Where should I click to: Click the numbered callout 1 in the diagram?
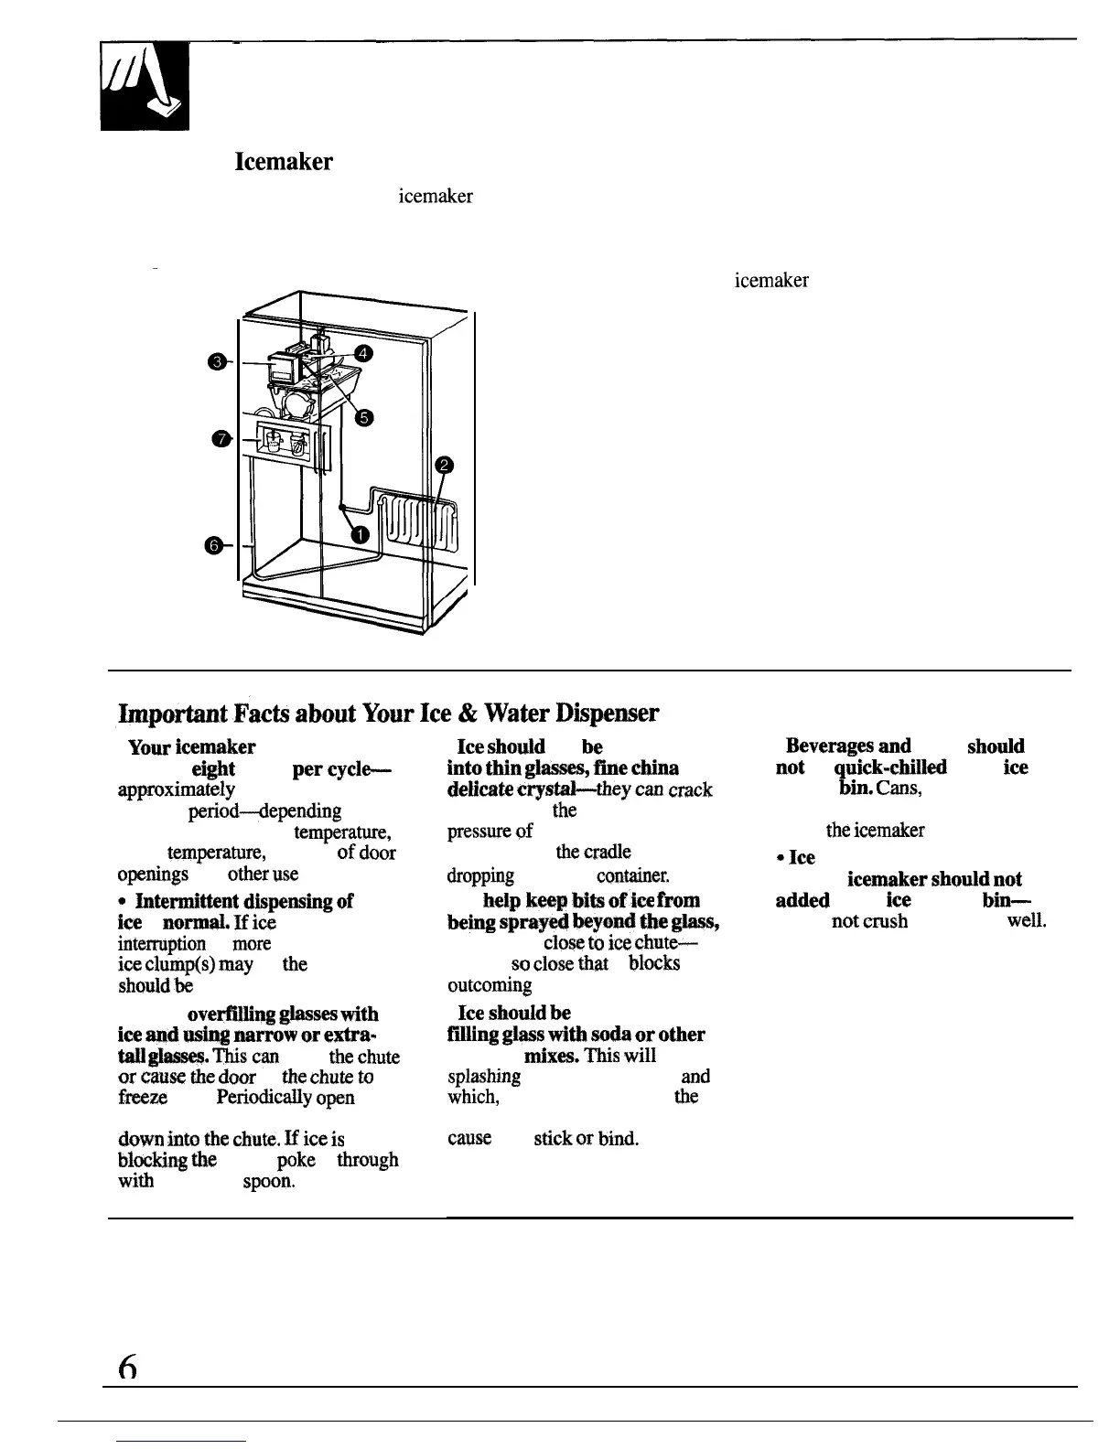pyautogui.click(x=361, y=534)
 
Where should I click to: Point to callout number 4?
pyautogui.click(x=362, y=353)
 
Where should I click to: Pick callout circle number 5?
pyautogui.click(x=362, y=417)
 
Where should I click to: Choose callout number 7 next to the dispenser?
pyautogui.click(x=219, y=439)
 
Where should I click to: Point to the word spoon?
pyautogui.click(x=267, y=1181)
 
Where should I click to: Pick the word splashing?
pyautogui.click(x=484, y=1077)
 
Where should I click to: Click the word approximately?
pyautogui.click(x=177, y=789)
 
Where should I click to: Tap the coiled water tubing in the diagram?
pyautogui.click(x=416, y=525)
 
